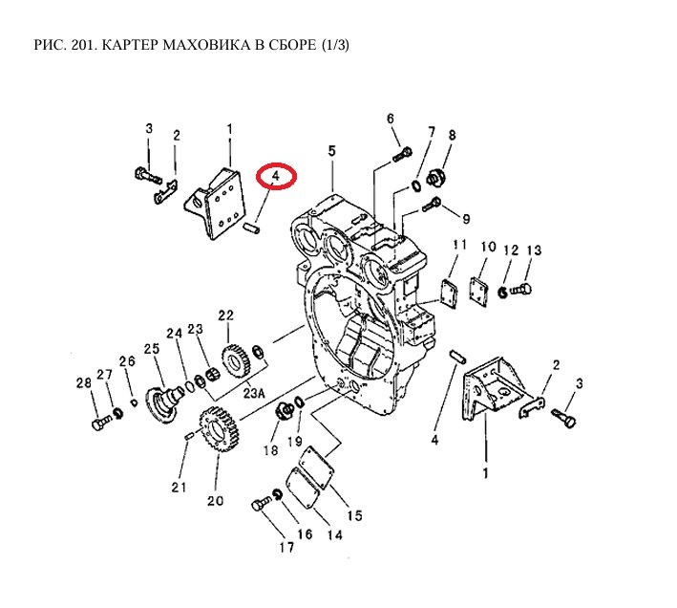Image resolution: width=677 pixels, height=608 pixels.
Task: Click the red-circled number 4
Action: coord(275,177)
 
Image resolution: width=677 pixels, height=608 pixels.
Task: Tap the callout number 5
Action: coord(331,151)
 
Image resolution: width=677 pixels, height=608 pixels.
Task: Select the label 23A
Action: coord(253,391)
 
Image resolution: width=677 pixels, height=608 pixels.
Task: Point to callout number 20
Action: coord(214,500)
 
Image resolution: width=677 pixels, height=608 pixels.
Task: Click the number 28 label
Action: coord(83,383)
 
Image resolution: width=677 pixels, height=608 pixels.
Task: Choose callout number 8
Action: coord(453,135)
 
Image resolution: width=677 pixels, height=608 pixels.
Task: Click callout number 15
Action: coord(354,516)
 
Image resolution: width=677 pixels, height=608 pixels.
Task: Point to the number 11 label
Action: coord(459,246)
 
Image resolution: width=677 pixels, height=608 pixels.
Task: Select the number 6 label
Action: coord(391,119)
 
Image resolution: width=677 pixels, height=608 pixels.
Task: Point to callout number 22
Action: coord(225,315)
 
